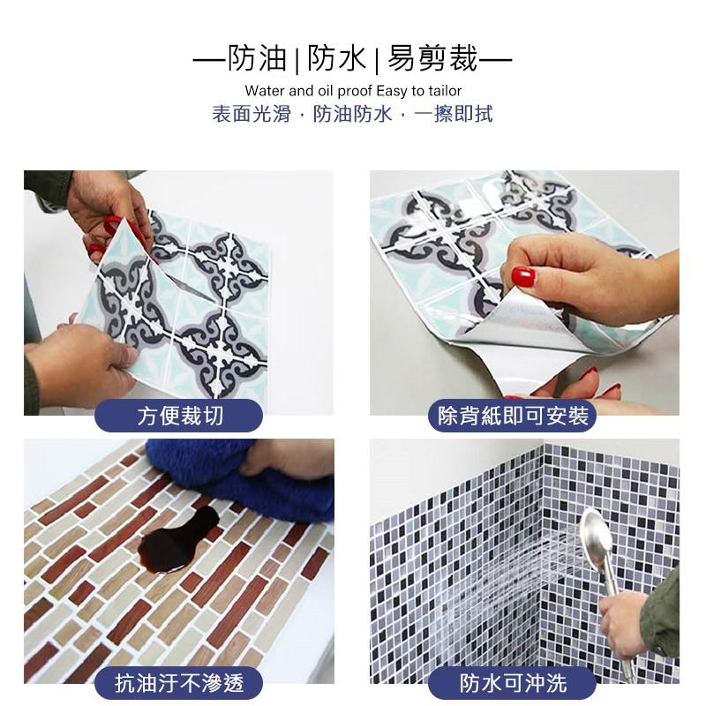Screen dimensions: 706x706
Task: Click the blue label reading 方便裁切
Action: click(179, 416)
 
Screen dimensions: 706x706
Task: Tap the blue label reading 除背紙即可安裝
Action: click(513, 416)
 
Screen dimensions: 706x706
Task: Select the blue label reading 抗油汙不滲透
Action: click(179, 683)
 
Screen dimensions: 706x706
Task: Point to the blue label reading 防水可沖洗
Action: click(513, 683)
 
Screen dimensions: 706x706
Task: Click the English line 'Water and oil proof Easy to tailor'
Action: click(353, 91)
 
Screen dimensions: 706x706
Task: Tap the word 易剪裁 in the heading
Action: click(432, 58)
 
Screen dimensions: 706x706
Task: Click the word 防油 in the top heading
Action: click(257, 58)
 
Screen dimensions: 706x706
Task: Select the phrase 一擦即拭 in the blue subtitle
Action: click(454, 114)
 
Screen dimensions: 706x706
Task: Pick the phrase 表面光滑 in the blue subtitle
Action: click(252, 114)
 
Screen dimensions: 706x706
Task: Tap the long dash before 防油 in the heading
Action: click(210, 59)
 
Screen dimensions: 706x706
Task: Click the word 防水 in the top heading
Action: click(336, 58)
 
